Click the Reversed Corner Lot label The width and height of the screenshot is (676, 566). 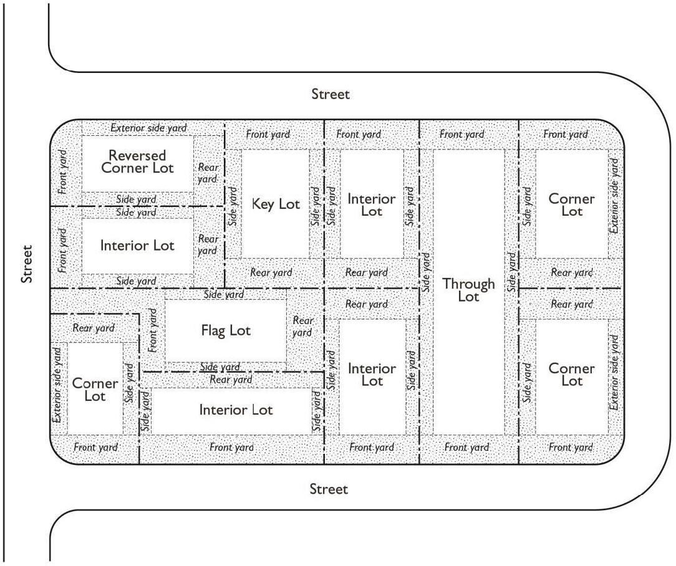click(x=137, y=161)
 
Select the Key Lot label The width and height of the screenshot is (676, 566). click(x=276, y=204)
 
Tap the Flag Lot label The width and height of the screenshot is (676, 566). click(x=226, y=330)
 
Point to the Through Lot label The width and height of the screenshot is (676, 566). click(x=468, y=290)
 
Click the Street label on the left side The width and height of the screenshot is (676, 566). click(x=27, y=264)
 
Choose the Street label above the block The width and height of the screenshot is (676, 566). click(x=331, y=94)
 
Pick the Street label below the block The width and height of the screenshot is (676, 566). click(x=329, y=489)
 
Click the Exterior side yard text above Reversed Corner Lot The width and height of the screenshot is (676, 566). click(x=148, y=128)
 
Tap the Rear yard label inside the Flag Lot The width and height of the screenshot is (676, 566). click(x=302, y=326)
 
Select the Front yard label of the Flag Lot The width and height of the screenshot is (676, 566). click(x=153, y=330)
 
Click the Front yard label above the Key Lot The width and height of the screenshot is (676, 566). click(x=268, y=134)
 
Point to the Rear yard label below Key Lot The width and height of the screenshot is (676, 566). click(x=271, y=272)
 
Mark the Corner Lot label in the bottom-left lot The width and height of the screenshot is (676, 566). click(x=95, y=390)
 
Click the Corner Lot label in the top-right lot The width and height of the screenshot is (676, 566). click(x=571, y=205)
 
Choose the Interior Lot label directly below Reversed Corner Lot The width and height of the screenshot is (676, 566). click(x=137, y=246)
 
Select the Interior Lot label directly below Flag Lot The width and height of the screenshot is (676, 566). click(x=236, y=410)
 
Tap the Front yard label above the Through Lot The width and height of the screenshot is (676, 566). click(x=461, y=134)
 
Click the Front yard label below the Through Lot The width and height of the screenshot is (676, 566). click(x=466, y=448)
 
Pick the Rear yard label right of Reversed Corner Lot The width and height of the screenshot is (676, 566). click(x=208, y=173)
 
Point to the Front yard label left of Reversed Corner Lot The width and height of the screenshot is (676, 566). click(x=62, y=170)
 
